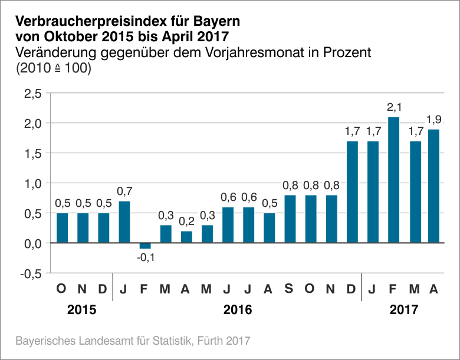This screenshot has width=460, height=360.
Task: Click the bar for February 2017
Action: tap(393, 180)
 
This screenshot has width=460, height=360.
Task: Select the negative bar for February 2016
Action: tap(145, 246)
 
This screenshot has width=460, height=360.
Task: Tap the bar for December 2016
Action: tap(352, 191)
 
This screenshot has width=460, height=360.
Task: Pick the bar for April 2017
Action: tap(434, 186)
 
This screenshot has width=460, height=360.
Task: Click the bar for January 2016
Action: tap(124, 222)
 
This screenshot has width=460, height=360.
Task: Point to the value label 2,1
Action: tap(393, 108)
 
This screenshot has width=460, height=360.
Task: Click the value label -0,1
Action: tap(145, 258)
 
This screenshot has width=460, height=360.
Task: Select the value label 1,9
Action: tap(434, 120)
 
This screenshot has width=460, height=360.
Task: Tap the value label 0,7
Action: tap(124, 191)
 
